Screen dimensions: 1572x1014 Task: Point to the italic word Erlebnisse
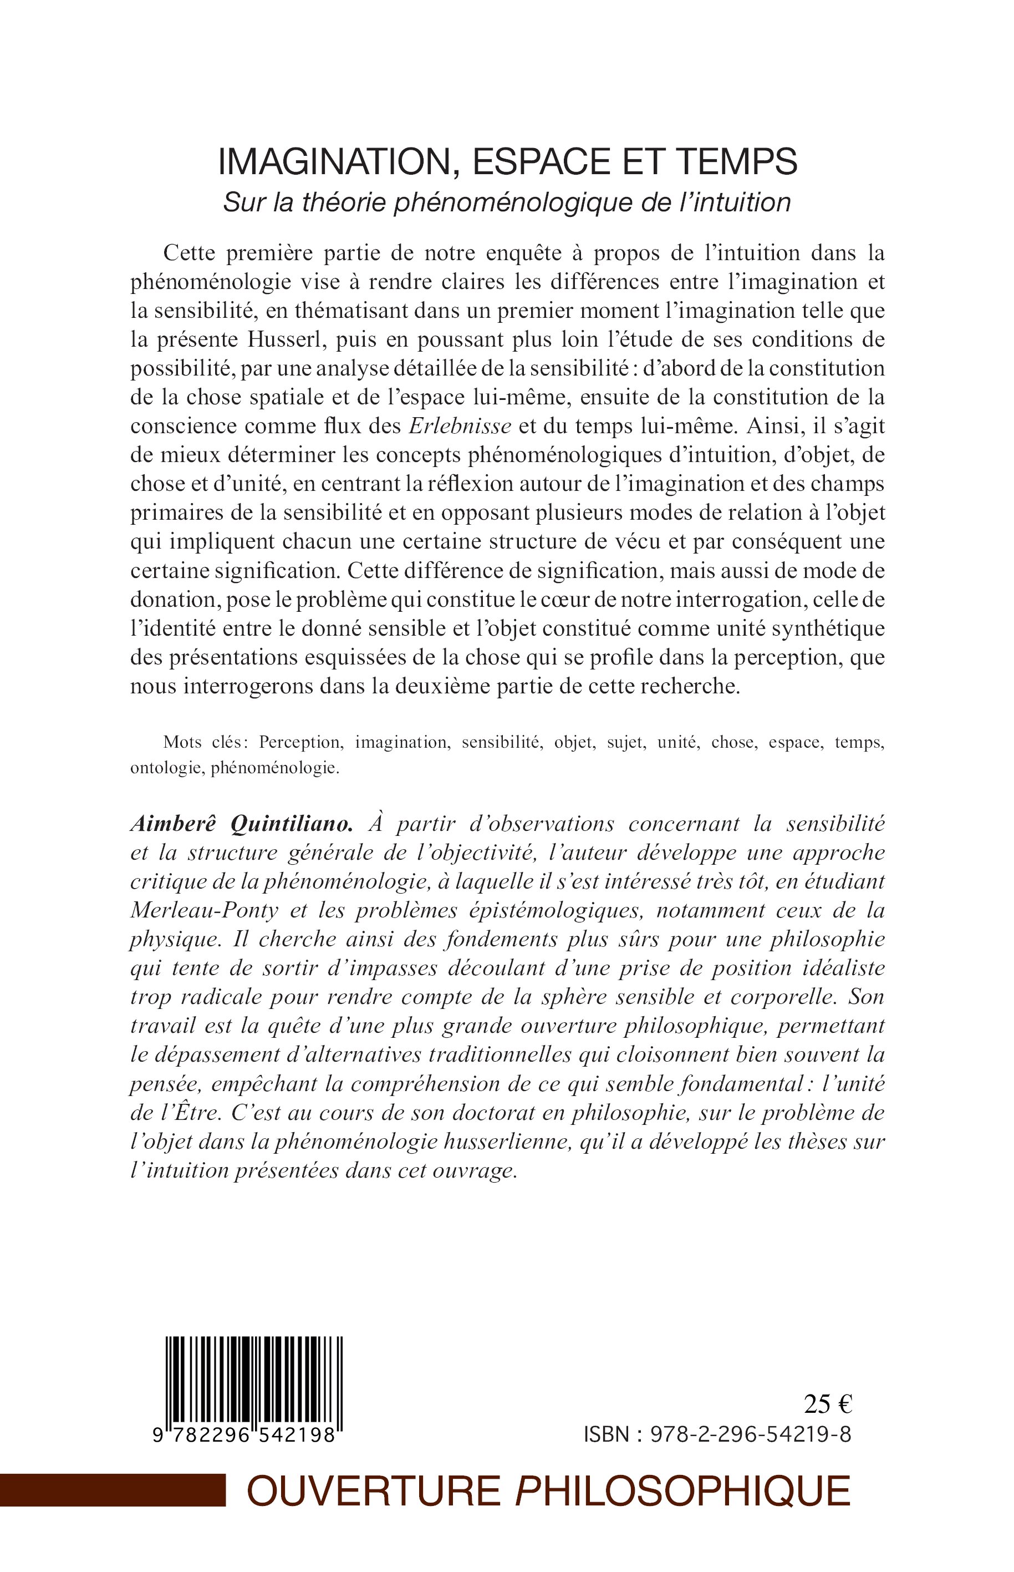click(x=460, y=426)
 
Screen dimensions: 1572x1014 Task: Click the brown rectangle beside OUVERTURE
click(x=112, y=1490)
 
